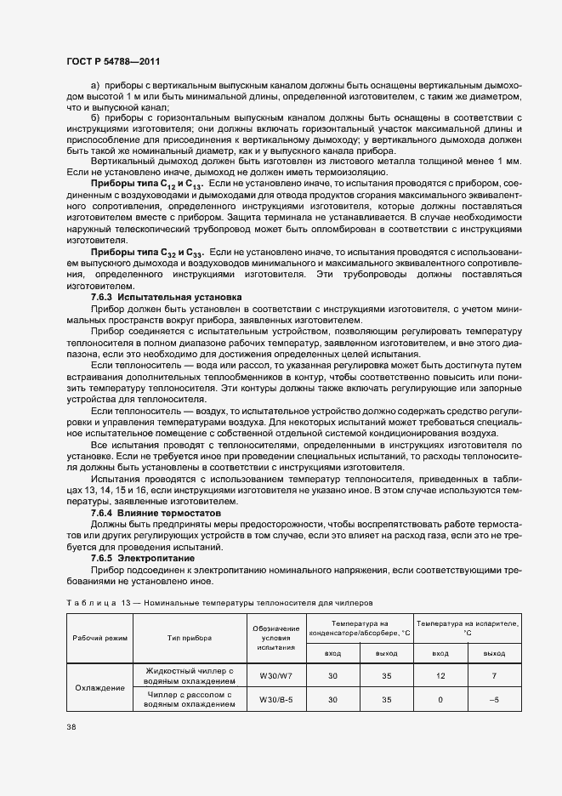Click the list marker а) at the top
pos(95,87)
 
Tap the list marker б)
pos(95,117)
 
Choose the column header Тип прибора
pos(190,637)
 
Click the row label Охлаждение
pos(99,687)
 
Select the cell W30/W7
pos(276,674)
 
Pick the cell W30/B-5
pos(276,700)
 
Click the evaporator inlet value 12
pos(440,674)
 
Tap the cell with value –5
pos(494,700)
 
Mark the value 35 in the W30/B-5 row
pos(386,700)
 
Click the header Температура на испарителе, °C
pos(468,628)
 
